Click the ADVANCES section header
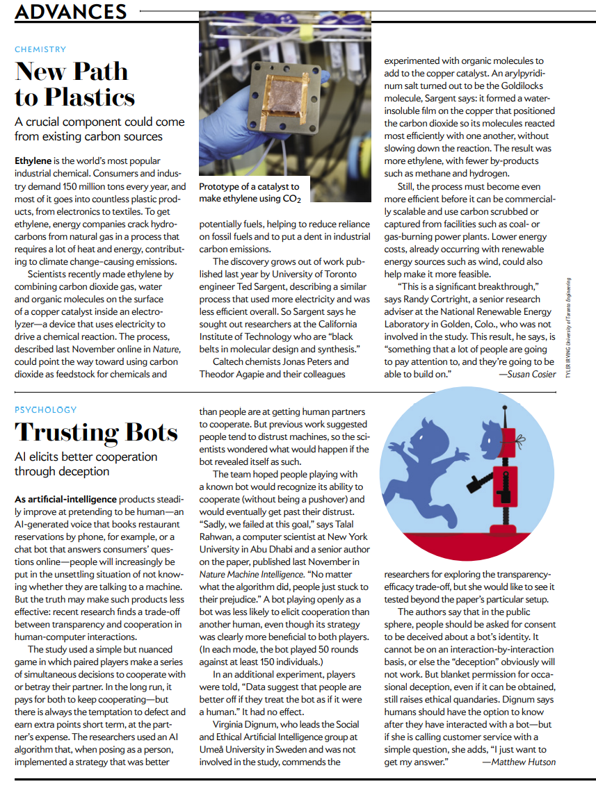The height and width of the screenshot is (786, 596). click(x=70, y=11)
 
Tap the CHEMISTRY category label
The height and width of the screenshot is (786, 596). click(x=40, y=49)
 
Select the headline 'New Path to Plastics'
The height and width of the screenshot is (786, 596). click(x=74, y=83)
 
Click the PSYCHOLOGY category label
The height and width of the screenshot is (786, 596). click(x=46, y=409)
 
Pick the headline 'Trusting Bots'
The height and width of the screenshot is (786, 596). click(x=97, y=432)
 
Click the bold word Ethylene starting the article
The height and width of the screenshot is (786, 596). click(x=33, y=161)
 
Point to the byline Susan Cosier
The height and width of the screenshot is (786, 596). click(x=527, y=375)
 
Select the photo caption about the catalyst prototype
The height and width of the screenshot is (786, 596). click(x=250, y=193)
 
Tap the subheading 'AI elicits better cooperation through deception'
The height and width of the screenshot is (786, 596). click(x=86, y=464)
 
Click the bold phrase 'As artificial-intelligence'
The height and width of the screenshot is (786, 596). click(x=65, y=500)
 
